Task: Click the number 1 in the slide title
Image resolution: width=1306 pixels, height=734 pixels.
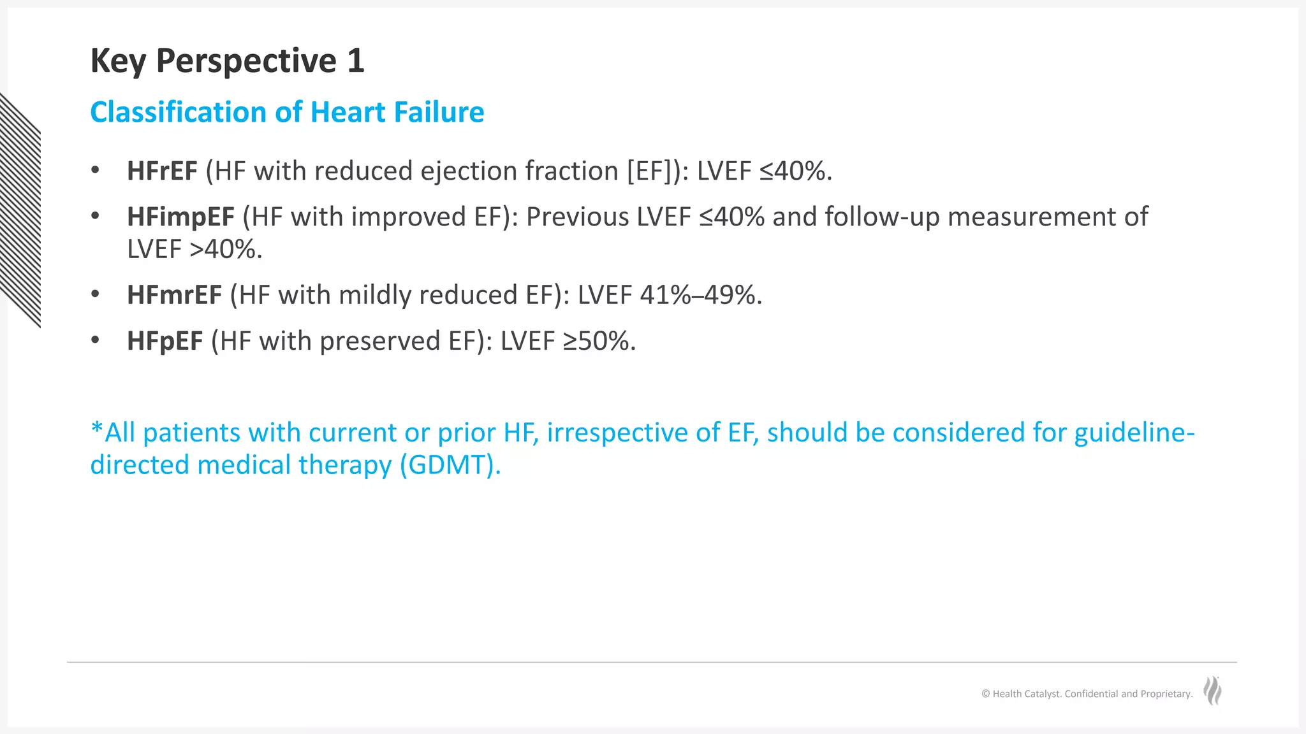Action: coord(355,61)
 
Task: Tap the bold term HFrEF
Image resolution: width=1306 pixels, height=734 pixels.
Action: coord(162,171)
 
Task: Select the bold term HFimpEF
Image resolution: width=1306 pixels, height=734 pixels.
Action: coord(180,217)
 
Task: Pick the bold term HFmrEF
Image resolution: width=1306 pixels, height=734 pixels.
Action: coord(174,295)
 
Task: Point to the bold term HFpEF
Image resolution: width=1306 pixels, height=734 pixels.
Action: coord(165,341)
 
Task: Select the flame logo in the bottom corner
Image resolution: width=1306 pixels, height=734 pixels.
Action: coord(1212,691)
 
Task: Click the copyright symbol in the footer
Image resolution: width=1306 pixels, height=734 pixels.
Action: coord(986,694)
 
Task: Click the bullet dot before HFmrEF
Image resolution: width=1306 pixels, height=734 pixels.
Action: coord(95,294)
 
